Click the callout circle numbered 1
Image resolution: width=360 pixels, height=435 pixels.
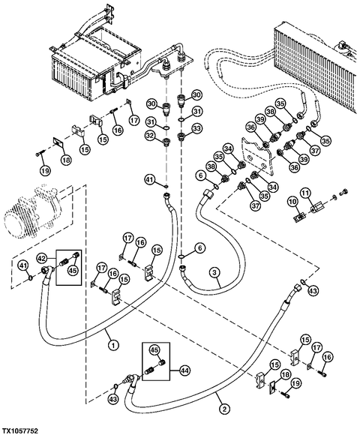113,346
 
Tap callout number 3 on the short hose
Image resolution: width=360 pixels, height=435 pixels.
214,273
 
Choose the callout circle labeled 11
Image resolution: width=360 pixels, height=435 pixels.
305,193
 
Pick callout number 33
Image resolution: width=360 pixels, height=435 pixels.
196,128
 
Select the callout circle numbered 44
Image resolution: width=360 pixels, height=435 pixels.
183,370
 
